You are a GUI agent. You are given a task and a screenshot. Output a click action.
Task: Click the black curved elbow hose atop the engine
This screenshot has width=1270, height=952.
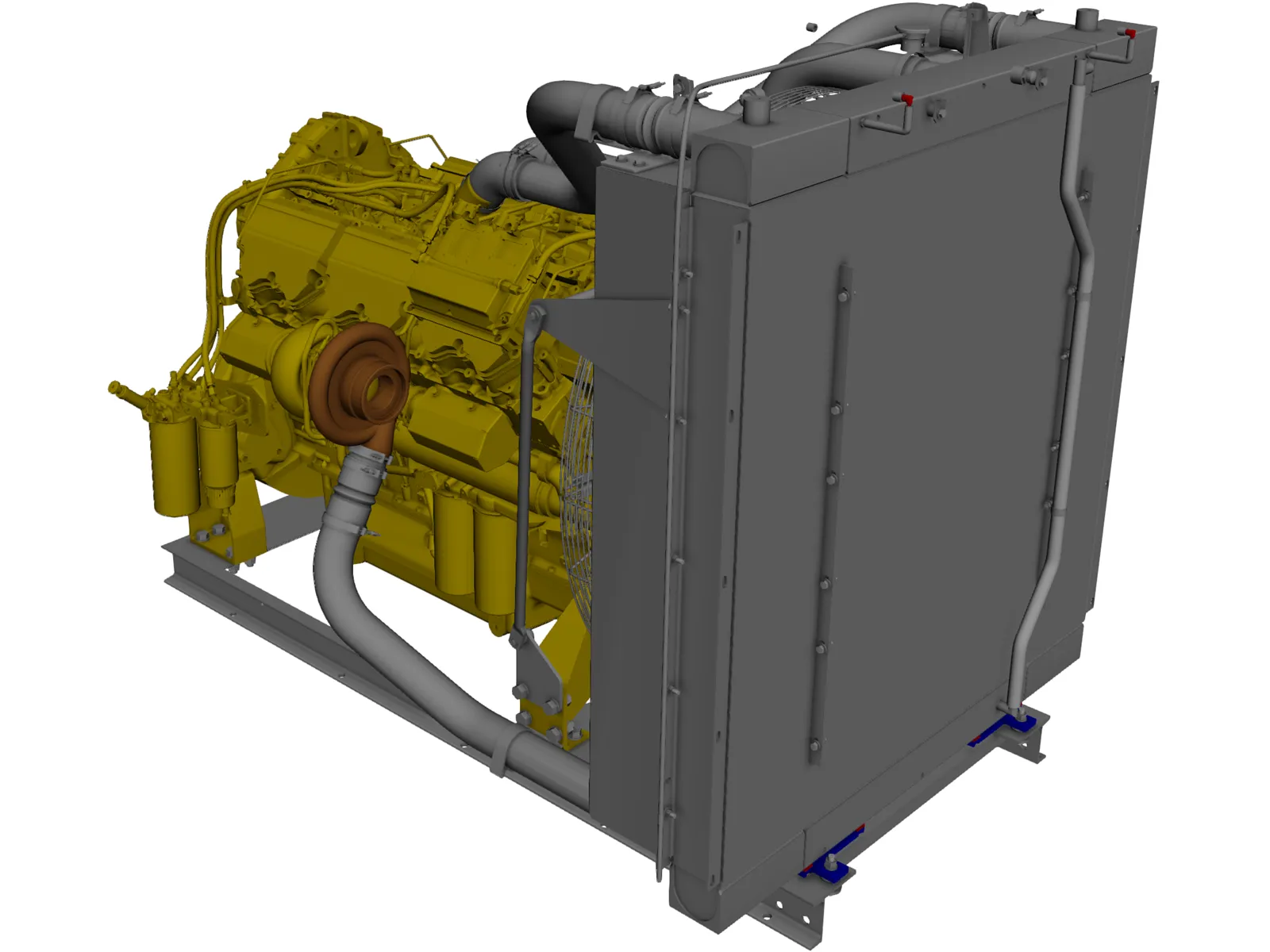coord(556,119)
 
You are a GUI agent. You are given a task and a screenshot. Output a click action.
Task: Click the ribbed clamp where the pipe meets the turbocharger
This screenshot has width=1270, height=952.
coord(367,466)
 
